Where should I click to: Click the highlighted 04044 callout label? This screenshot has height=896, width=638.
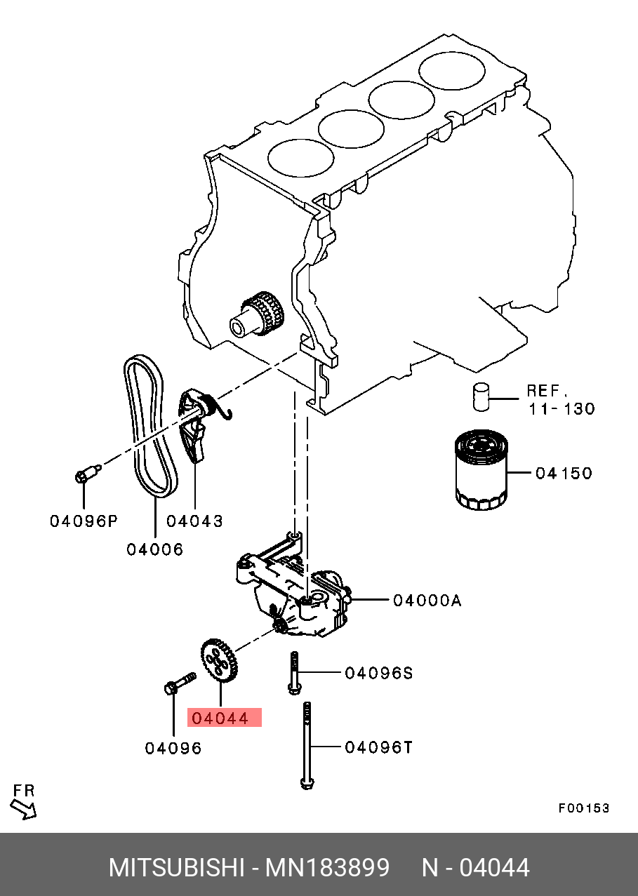[225, 718]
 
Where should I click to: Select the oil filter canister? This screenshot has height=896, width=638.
[481, 470]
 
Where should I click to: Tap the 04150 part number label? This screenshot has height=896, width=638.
[564, 474]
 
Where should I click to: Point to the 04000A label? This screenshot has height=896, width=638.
[427, 601]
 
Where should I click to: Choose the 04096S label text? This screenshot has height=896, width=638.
[378, 673]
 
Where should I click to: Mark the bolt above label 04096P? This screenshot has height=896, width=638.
[88, 472]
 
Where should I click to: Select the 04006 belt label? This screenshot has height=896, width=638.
[155, 549]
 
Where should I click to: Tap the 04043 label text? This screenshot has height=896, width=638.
[194, 521]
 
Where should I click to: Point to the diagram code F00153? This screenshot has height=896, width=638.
[584, 808]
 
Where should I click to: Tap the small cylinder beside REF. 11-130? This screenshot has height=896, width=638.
[481, 397]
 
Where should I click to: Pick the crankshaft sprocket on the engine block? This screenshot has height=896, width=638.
[257, 316]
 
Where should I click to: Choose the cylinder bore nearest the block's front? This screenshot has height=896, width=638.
[300, 158]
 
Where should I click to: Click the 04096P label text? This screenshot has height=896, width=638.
[84, 521]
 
